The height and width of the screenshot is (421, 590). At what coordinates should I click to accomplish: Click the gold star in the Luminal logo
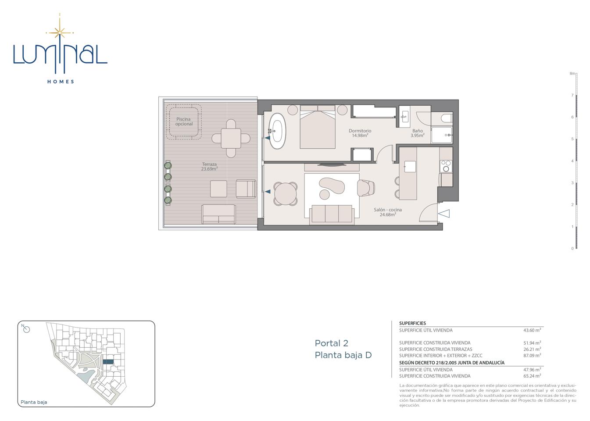(x=60, y=32)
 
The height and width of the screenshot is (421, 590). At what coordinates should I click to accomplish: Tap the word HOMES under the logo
(x=61, y=82)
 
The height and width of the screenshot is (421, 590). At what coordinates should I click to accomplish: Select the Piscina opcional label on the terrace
(x=184, y=121)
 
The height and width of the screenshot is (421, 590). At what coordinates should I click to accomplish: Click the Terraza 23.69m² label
(x=209, y=167)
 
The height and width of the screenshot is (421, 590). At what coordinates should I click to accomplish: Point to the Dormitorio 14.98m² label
(x=360, y=133)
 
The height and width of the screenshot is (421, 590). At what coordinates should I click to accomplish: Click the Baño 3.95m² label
(x=418, y=133)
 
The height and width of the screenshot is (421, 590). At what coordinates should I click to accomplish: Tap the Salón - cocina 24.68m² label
(x=388, y=212)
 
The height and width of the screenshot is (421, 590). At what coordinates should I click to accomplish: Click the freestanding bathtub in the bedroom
(x=277, y=131)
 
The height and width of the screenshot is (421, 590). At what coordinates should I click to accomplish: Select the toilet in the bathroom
(x=447, y=118)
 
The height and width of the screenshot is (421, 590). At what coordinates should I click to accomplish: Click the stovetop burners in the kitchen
(x=446, y=166)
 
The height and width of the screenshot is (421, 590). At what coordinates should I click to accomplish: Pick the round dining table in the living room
(x=285, y=193)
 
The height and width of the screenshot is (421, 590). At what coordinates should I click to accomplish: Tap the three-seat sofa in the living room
(x=332, y=214)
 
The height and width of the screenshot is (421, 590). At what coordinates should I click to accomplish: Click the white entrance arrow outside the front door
(x=444, y=214)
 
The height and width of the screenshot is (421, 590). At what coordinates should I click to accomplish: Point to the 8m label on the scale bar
(x=572, y=74)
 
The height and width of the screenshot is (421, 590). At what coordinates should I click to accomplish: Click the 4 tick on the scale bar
(x=572, y=161)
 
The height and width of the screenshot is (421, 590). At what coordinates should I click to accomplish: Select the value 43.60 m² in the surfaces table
(x=532, y=330)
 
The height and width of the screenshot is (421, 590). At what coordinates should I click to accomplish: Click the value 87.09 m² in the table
(x=532, y=355)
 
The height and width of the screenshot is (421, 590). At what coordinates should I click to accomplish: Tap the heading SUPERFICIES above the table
(x=412, y=323)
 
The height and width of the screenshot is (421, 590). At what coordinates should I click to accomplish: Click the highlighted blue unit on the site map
(x=108, y=362)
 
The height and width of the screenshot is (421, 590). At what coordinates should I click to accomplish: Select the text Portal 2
(x=331, y=343)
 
